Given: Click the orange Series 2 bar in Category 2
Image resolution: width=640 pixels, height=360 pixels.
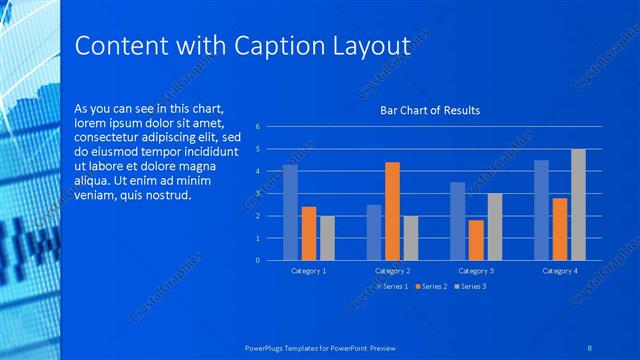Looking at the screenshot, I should pos(392,211).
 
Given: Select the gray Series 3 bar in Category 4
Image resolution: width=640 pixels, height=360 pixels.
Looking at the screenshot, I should pos(578,205).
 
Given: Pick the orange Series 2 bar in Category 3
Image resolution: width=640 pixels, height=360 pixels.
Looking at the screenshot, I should pos(476,240).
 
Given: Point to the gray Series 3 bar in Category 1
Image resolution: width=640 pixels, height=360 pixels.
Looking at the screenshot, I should pos(327,238).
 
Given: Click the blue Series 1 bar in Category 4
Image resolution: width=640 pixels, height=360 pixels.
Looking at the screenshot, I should pos(541,210).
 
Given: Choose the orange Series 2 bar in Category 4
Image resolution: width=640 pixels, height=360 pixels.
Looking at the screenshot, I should pos(560,229).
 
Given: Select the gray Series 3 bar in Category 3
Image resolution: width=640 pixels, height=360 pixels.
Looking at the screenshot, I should pos(494,227).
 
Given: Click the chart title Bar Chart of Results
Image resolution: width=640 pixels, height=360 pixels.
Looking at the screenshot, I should pos(430,110).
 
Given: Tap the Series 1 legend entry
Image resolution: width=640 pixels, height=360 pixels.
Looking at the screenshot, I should pos(392,286).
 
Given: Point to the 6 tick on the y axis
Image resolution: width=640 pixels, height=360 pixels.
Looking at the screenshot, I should pos(258,127).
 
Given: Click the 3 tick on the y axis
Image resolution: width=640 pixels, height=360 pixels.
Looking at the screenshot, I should pos(258,194).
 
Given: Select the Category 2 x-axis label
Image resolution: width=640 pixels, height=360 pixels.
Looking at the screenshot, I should pos(392,271).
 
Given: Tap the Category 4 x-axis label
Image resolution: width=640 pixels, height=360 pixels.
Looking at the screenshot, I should pos(560,271).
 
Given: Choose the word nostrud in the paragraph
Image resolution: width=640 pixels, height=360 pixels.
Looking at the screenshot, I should pos(166,195).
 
